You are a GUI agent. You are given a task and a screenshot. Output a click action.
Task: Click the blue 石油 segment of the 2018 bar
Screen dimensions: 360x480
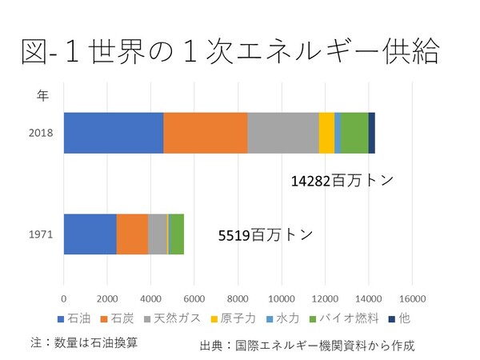point(113,133)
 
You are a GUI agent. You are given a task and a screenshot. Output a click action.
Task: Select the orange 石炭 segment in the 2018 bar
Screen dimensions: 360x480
point(206,133)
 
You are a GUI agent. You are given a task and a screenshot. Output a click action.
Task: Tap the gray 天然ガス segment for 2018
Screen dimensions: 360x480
point(282,133)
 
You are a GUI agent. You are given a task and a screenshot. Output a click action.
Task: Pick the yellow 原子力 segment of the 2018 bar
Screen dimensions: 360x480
point(326,133)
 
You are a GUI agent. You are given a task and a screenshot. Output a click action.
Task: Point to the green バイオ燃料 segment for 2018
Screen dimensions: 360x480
point(354,133)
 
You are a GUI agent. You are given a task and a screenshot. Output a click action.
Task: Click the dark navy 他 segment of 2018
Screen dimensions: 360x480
point(371,133)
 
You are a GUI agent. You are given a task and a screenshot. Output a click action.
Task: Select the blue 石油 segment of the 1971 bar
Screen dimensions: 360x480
point(90,234)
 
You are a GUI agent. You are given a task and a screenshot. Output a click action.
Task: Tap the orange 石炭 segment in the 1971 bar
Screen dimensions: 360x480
point(132,234)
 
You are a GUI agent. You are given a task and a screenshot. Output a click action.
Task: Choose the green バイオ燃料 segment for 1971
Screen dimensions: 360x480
point(176,234)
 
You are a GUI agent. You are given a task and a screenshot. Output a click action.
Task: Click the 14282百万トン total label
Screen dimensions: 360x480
point(342,181)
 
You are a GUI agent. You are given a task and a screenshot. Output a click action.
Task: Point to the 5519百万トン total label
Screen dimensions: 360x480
point(265,236)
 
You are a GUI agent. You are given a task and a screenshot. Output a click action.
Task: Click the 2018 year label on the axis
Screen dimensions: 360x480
point(40,133)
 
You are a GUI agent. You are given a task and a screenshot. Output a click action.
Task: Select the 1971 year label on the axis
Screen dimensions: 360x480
point(40,235)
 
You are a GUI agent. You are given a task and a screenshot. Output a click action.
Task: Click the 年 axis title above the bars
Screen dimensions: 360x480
point(43,96)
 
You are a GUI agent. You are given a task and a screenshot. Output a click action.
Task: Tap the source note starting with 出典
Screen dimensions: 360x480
point(307,346)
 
